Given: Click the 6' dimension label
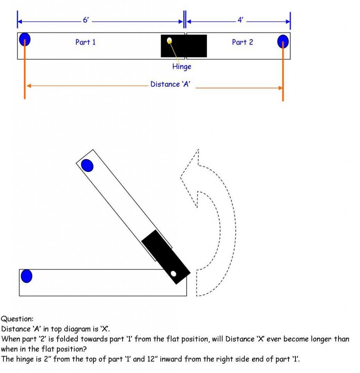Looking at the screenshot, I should [86, 20].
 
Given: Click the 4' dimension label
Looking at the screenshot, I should [240, 20].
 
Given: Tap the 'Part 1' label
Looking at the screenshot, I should [85, 42].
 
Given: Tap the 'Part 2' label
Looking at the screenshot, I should [242, 42].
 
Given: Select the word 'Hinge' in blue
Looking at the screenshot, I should [182, 67].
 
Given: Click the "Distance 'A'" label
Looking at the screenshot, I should [170, 85].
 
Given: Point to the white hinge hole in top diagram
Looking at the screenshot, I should [169, 40].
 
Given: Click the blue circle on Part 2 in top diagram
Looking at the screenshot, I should [283, 42].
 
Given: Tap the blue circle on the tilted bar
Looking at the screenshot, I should [87, 165].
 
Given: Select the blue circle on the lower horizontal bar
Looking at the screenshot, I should [26, 276].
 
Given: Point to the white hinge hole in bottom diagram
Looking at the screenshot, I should [174, 273].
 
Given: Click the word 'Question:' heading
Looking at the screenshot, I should [17, 319].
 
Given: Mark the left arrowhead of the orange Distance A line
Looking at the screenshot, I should [28, 86].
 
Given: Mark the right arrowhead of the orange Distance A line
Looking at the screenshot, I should [280, 88].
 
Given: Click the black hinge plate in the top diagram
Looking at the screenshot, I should [184, 46].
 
